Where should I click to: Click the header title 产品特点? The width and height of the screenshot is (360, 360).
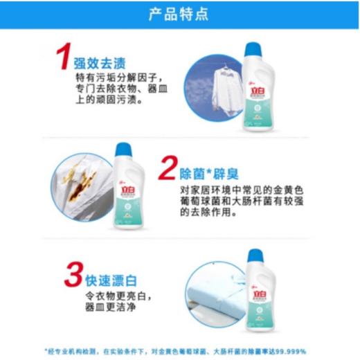click(x=179, y=15)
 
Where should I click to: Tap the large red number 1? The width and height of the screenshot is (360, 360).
click(x=64, y=57)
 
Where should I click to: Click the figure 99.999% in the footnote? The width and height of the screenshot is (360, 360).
click(x=303, y=350)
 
